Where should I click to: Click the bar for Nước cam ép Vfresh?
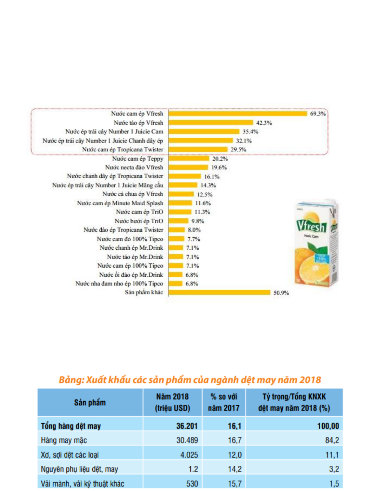pos(238,114)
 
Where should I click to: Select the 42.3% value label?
pos(264,123)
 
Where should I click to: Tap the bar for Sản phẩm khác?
pos(219,292)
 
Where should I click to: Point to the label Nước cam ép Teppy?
pos(138,158)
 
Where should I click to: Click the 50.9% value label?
pos(281,293)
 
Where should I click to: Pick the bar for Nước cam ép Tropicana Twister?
pos(198,149)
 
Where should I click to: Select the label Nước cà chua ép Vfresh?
pos(133,194)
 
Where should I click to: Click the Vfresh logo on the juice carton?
pos(311,226)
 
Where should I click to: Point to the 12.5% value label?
pos(204,194)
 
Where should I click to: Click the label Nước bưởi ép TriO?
pos(139,221)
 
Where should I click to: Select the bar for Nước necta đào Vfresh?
pos(188,167)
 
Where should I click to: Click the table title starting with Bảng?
pos(190,380)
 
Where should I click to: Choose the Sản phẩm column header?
pos(90,403)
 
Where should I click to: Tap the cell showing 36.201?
pos(187,426)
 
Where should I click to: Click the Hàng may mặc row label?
pos(64,440)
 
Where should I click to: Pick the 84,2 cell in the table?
pos(332,440)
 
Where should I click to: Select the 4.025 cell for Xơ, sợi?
pos(189,455)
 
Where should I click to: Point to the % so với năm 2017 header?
pos(224,403)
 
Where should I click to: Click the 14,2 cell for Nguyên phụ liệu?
pos(234,469)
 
